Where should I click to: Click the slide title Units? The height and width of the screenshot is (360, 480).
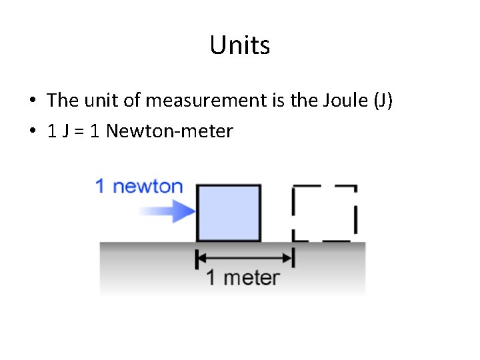tap(239, 45)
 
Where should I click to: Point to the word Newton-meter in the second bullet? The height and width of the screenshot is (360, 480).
tap(169, 131)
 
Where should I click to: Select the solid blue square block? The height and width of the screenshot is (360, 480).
tap(229, 213)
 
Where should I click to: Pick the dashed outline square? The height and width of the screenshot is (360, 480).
tap(325, 213)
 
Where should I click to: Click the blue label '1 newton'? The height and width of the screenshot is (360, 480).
tap(139, 186)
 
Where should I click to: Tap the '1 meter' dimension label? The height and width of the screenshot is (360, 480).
tap(243, 277)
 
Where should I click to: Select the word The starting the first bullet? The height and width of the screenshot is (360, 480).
tap(63, 101)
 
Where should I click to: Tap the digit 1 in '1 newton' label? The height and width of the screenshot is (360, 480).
tap(100, 186)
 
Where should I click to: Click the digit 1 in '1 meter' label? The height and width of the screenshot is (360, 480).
tap(211, 277)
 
